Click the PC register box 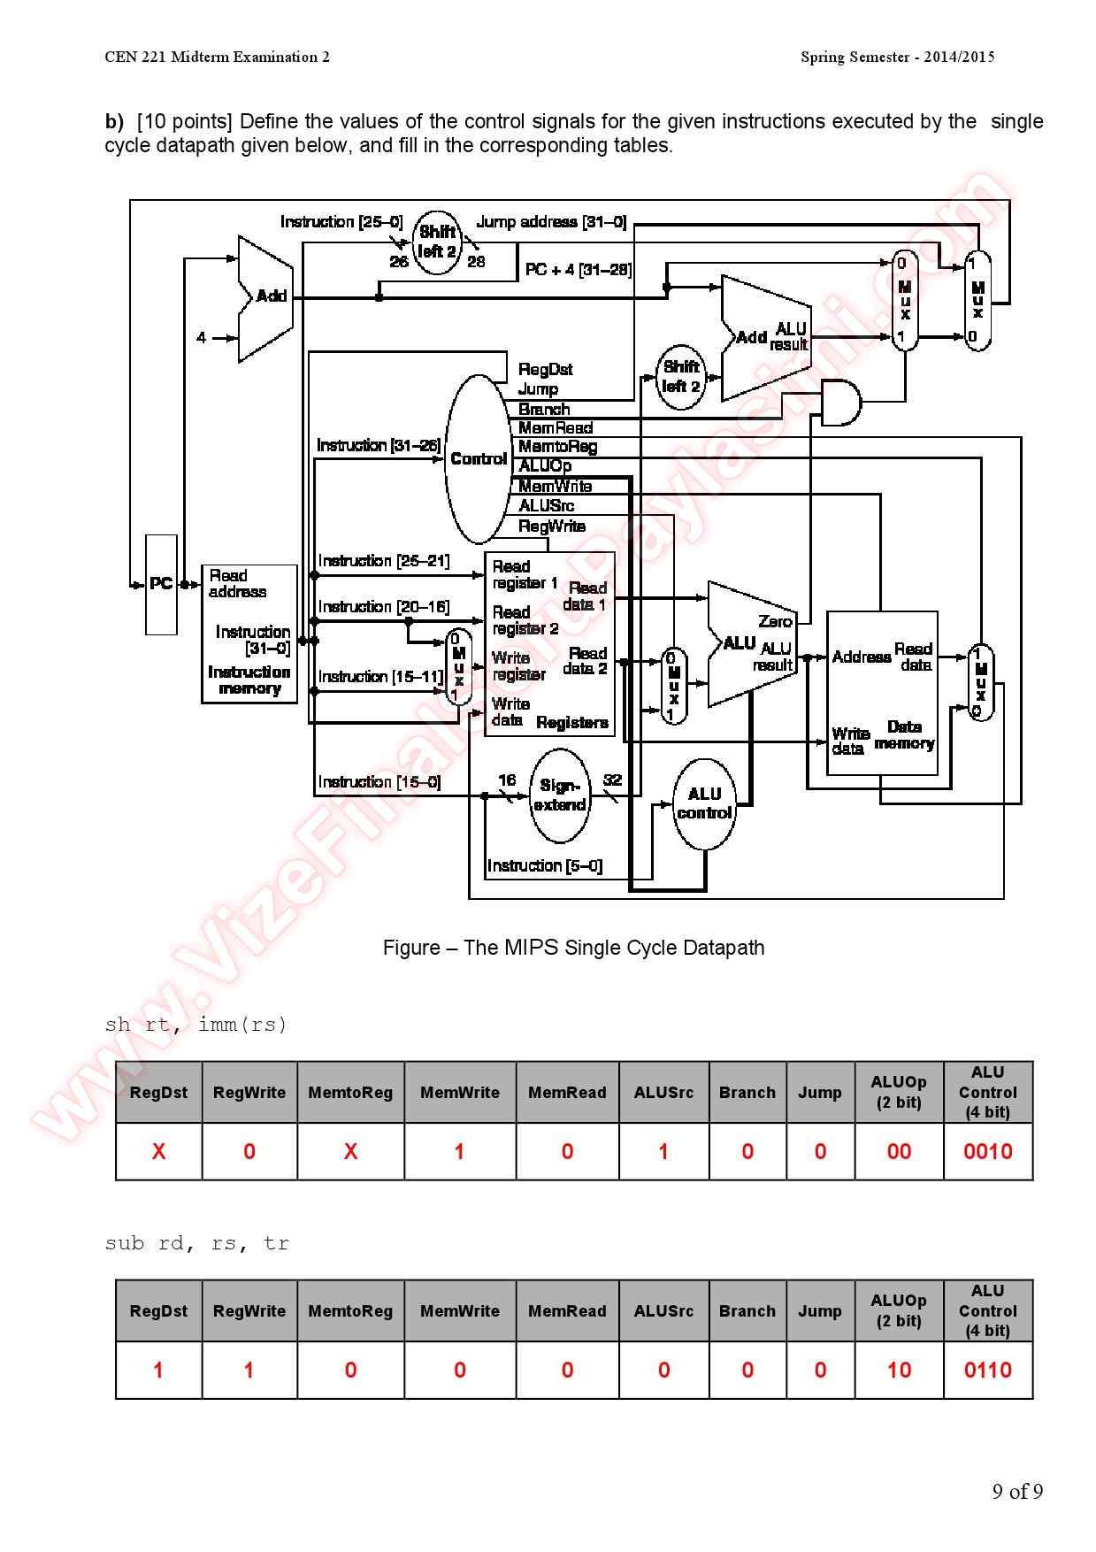tap(161, 584)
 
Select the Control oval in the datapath tap(478, 458)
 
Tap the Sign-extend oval tap(559, 795)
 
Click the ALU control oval tap(704, 803)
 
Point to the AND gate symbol tap(839, 403)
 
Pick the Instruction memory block tap(249, 634)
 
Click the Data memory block tap(882, 693)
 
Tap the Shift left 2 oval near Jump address tap(437, 242)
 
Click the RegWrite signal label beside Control tap(552, 526)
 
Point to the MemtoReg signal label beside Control tap(557, 447)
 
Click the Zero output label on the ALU tap(775, 621)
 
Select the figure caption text tap(573, 948)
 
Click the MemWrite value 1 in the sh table tap(459, 1151)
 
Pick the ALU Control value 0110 tap(987, 1370)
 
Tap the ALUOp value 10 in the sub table tap(899, 1370)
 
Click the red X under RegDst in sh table tap(158, 1151)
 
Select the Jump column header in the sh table tap(819, 1093)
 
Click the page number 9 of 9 tap(1016, 1492)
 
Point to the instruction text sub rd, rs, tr tap(196, 1243)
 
